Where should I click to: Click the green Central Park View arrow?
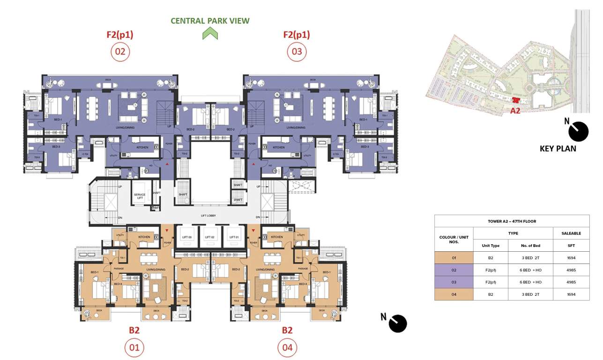210,33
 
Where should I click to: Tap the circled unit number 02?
120,52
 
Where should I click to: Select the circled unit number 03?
297,52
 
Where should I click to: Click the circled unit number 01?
134,348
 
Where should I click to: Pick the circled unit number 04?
287,348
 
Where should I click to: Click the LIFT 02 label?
210,238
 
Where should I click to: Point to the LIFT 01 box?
233,237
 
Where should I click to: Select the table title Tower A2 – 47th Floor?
512,221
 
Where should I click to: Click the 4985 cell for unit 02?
571,270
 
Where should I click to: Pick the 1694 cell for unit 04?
571,294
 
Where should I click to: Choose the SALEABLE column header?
571,233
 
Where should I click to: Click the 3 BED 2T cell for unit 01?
531,258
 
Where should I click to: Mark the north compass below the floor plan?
397,323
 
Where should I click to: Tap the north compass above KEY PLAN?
578,131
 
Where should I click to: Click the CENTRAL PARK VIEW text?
210,21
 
